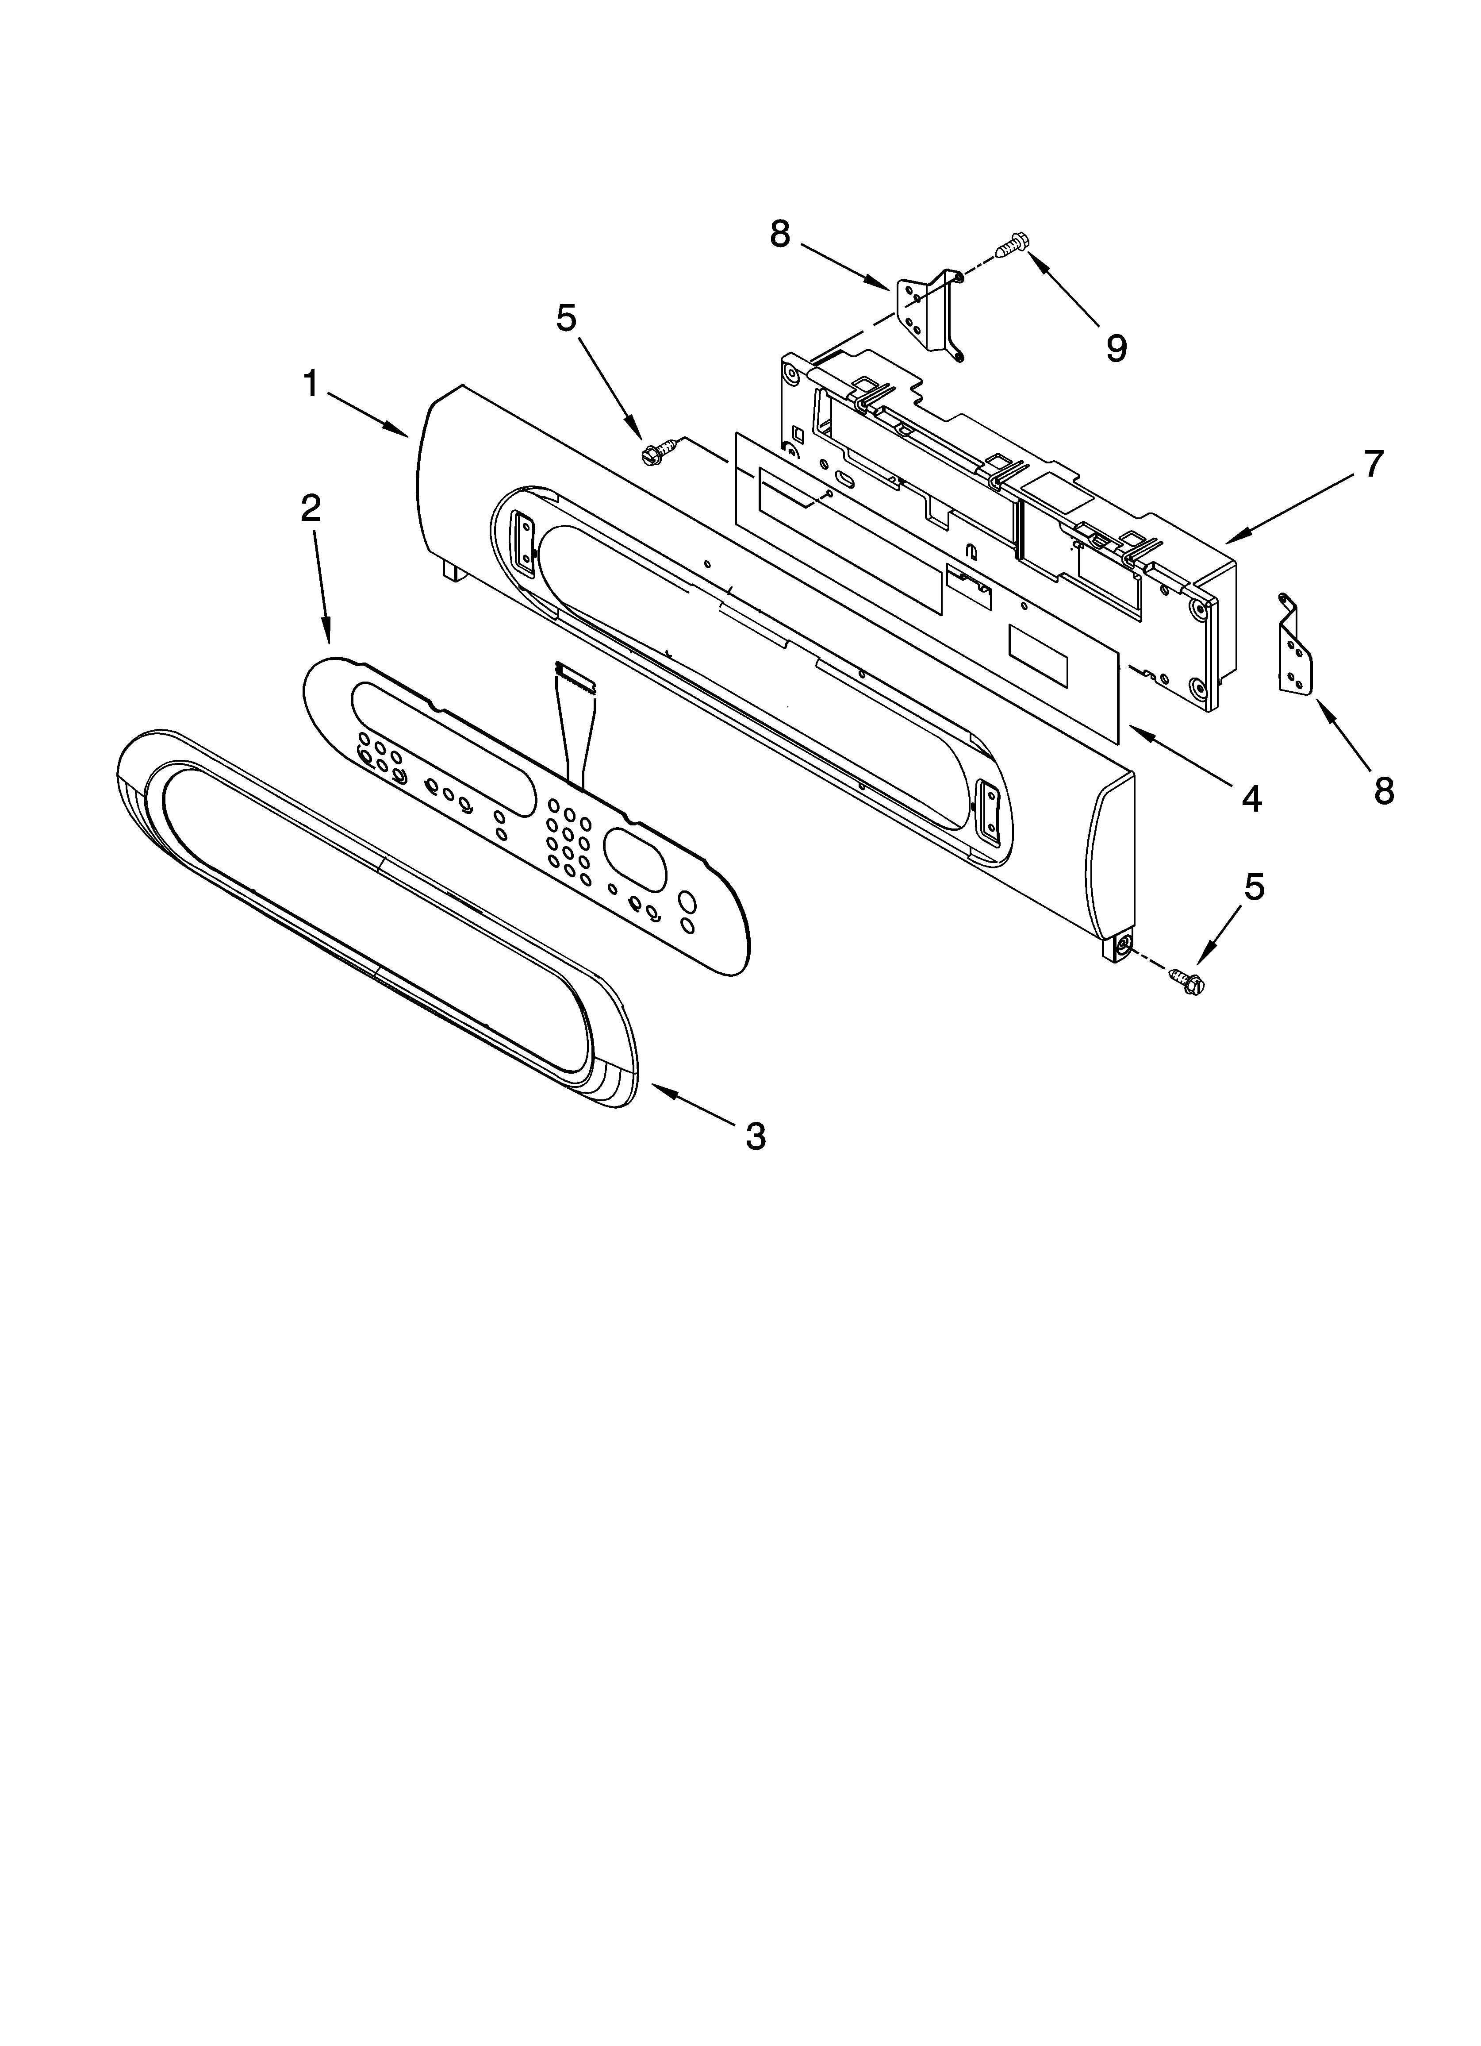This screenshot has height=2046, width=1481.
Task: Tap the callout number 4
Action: [1251, 797]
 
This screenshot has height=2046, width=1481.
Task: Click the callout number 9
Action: [1116, 347]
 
